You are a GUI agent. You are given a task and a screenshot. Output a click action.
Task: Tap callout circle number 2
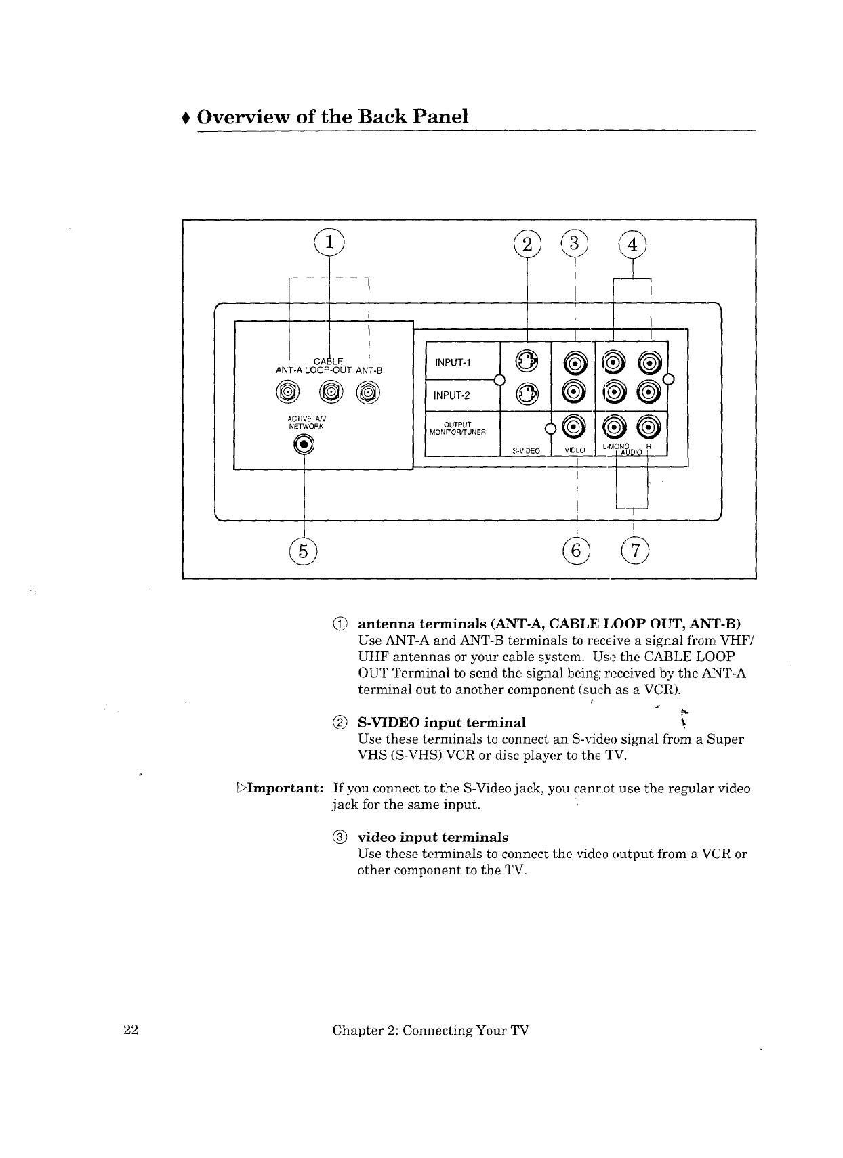[527, 244]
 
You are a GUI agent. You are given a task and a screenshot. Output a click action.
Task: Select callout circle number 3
[574, 244]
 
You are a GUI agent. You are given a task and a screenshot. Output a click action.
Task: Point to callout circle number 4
[633, 244]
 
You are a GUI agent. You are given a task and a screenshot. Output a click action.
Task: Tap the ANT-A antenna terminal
[287, 393]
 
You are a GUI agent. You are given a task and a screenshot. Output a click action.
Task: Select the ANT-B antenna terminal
[368, 393]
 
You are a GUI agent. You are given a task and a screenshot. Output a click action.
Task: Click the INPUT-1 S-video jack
[526, 362]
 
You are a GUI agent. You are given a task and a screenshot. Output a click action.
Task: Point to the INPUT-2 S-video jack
[526, 393]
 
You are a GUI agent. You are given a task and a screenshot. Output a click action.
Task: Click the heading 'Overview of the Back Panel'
[333, 116]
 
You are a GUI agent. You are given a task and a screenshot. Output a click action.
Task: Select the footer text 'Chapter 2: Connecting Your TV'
[430, 1030]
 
